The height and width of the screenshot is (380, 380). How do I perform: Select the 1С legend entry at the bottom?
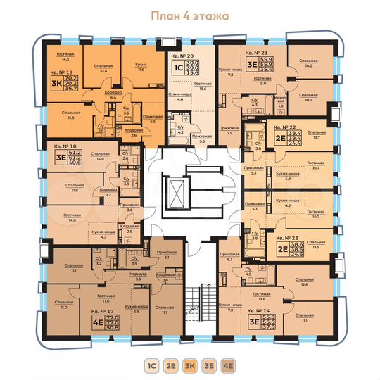pos(153,365)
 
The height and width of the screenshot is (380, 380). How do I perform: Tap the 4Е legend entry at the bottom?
pos(227,365)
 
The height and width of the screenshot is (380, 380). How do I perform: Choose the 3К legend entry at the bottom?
pos(190,365)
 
